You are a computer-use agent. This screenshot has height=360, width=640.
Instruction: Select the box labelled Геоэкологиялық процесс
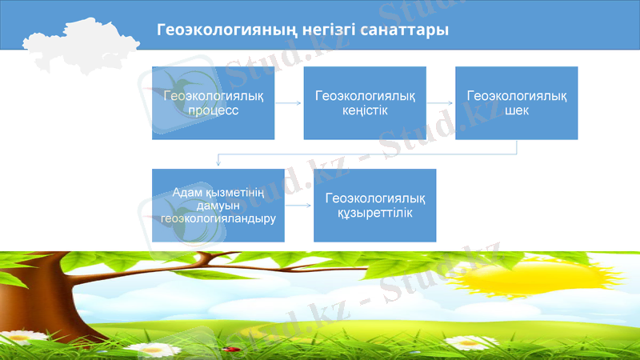[213, 103]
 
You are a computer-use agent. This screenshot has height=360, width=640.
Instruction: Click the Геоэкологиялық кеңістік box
[365, 103]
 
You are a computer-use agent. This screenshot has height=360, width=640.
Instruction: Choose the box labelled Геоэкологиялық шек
[516, 103]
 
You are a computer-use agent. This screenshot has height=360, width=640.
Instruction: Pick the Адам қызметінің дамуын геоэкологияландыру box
[218, 206]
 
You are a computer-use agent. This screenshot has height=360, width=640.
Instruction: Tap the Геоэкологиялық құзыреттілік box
[374, 206]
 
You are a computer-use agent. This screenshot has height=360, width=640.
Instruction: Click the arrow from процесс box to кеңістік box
[289, 103]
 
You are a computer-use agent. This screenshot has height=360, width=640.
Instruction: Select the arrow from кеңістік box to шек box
[441, 103]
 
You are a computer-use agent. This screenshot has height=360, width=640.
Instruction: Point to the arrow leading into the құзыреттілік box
[298, 206]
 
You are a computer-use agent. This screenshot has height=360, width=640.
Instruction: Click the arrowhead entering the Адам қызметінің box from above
[218, 166]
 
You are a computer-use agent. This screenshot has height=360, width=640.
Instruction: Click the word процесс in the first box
[213, 110]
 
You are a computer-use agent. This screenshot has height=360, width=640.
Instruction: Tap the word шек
[516, 110]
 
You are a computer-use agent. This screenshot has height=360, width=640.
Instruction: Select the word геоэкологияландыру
[218, 217]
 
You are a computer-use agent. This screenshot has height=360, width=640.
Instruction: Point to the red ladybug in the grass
[233, 350]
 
